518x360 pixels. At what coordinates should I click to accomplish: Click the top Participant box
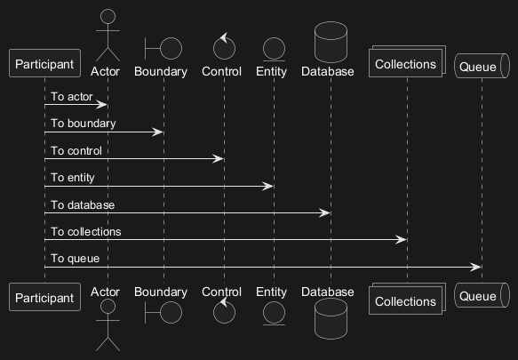44,63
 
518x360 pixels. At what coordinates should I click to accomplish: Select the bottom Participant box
44,297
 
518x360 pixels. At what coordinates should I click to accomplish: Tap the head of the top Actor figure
108,16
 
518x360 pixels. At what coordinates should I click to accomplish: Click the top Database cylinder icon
331,42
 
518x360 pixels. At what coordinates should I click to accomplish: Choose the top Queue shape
482,66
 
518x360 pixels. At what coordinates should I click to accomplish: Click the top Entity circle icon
274,49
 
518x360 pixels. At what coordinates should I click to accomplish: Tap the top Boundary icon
163,49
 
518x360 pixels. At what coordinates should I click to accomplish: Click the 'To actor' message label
72,97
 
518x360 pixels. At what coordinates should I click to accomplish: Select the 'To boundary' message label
84,124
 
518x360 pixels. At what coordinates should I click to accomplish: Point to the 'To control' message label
76,151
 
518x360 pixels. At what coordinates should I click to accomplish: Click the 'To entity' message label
73,178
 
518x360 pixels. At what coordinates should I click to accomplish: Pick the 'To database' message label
83,205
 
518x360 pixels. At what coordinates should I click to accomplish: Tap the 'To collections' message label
86,232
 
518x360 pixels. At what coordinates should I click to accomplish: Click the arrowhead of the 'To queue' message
475,267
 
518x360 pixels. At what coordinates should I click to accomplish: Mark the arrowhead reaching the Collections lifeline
401,240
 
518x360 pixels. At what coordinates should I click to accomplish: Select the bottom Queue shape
482,295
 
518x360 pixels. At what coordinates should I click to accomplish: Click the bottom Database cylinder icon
331,319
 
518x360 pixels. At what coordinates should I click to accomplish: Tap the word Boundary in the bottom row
161,292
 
